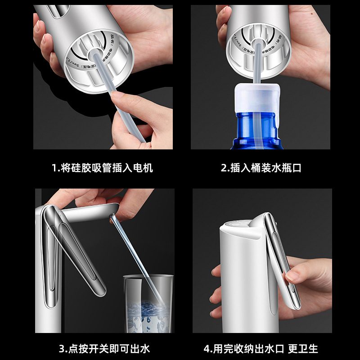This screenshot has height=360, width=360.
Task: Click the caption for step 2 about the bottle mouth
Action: point(261,168)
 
